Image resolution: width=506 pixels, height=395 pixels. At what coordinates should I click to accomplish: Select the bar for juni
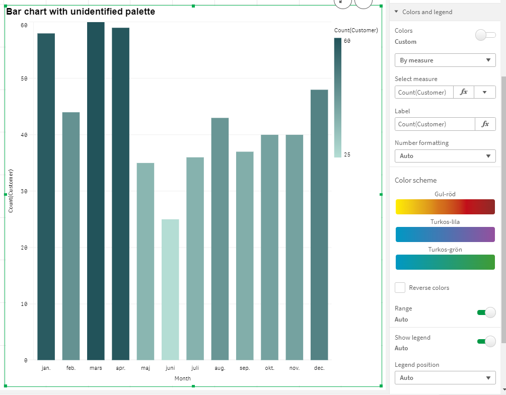tap(170, 289)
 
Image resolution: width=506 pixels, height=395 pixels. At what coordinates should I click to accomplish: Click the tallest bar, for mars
tap(96, 191)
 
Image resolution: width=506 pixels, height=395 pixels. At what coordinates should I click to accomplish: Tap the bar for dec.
tap(319, 224)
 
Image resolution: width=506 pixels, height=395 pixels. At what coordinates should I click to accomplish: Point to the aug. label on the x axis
tap(220, 368)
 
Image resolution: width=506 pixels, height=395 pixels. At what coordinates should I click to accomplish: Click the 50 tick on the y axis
tap(24, 78)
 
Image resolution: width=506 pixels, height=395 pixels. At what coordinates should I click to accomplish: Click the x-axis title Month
tap(182, 378)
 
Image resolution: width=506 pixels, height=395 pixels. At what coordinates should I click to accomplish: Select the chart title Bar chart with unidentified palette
tap(81, 12)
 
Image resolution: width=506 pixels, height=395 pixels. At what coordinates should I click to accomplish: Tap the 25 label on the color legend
tap(347, 154)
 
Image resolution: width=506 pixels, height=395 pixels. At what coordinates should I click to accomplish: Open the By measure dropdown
tap(445, 60)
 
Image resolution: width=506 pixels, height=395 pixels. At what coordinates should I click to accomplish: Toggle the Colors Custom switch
tap(485, 35)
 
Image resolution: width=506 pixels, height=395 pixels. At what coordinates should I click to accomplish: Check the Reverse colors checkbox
tap(400, 288)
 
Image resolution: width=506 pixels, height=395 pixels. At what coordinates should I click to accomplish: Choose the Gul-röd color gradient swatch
tap(445, 207)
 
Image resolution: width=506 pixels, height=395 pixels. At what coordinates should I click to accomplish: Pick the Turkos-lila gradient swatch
tap(445, 234)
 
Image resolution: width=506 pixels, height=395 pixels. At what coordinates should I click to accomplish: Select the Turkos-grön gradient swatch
tap(445, 262)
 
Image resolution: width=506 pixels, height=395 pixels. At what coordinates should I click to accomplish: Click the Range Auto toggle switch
tap(486, 312)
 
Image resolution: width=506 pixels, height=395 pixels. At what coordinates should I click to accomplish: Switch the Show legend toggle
tap(486, 342)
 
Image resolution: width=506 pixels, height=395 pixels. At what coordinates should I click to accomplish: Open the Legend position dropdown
tap(445, 378)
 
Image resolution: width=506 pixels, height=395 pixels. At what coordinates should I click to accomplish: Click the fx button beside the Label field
tap(485, 124)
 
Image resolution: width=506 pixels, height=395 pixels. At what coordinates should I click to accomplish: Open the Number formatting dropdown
tap(445, 156)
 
